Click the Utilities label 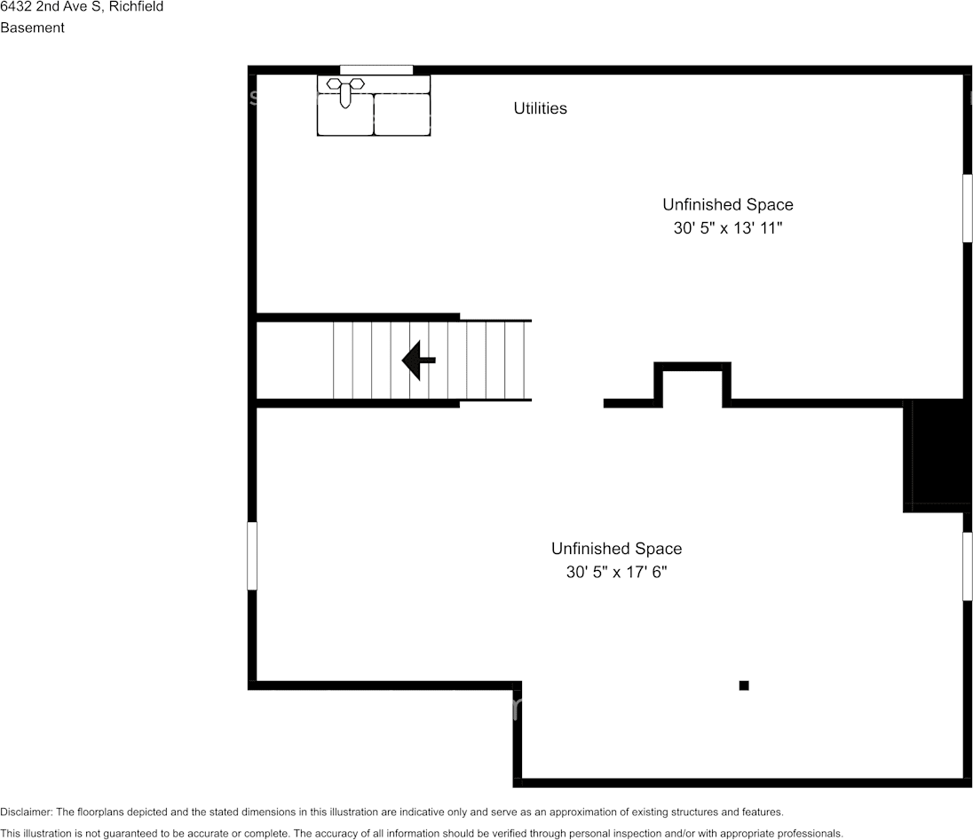(x=540, y=108)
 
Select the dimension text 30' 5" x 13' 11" (x=727, y=228)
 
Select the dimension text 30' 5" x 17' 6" (x=616, y=573)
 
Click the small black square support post (x=744, y=685)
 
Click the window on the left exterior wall (x=252, y=556)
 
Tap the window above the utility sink (x=376, y=70)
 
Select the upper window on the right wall (x=968, y=208)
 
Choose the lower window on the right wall (x=968, y=567)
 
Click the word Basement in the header (x=32, y=28)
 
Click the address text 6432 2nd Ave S (x=51, y=7)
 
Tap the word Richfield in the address (x=136, y=7)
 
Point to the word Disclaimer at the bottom (x=26, y=812)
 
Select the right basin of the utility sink (x=401, y=114)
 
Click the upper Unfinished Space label (x=727, y=205)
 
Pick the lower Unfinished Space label (x=616, y=549)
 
